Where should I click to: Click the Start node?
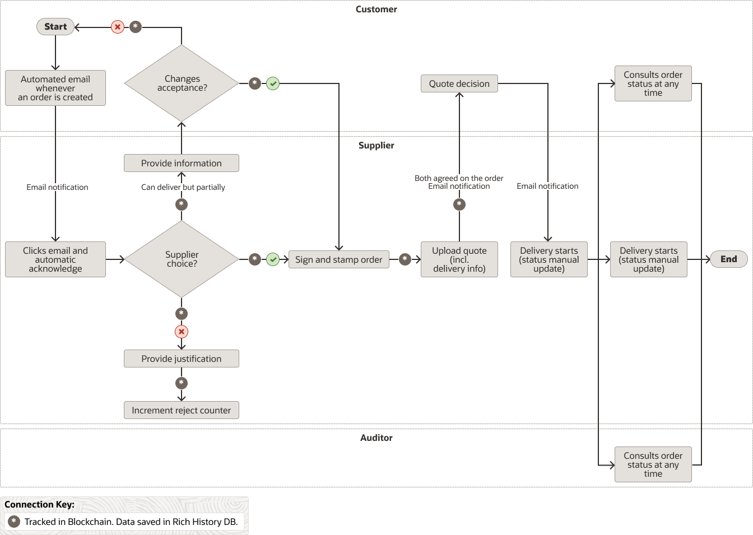click(x=55, y=27)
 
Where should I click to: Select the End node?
click(x=728, y=259)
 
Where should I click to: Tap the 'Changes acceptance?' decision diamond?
click(x=182, y=83)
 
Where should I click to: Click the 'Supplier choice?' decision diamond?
click(x=182, y=259)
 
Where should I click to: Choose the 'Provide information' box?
click(x=182, y=163)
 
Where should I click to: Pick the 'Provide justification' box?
click(x=182, y=359)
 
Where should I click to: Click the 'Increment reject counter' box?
click(x=182, y=410)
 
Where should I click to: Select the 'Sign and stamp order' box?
click(x=338, y=259)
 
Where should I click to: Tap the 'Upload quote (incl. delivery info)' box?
click(x=459, y=259)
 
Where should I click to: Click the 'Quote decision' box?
click(x=459, y=83)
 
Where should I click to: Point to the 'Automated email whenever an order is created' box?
click(x=55, y=88)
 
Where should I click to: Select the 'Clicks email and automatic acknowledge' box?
click(x=55, y=259)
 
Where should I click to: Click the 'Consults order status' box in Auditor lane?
click(x=653, y=464)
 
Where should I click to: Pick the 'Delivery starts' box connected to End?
click(x=648, y=259)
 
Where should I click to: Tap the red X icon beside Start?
click(x=117, y=27)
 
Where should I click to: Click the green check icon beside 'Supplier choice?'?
click(x=273, y=259)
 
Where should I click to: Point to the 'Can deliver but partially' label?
click(x=183, y=187)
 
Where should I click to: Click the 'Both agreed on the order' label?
click(x=459, y=178)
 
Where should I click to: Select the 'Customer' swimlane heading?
click(x=376, y=10)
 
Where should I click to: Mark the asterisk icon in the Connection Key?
click(x=14, y=522)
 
